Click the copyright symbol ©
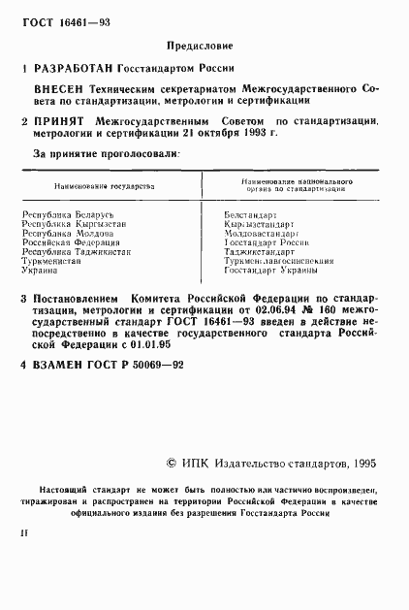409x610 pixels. (173, 465)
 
